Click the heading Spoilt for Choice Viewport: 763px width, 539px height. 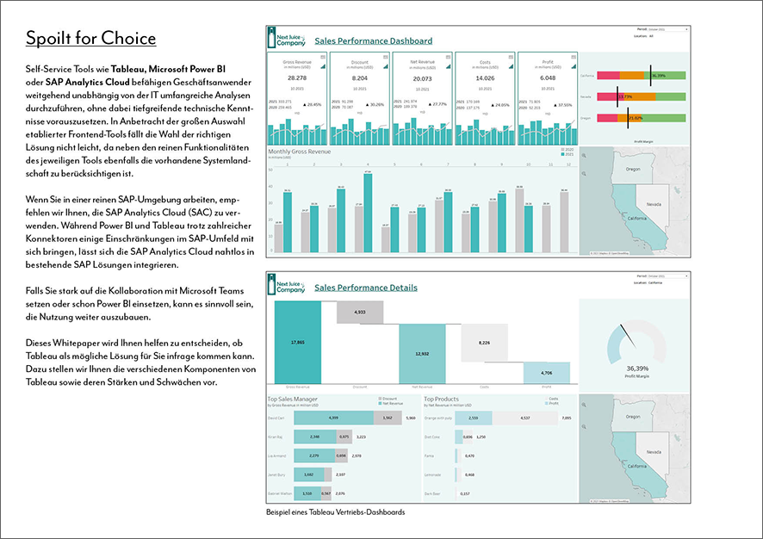click(90, 39)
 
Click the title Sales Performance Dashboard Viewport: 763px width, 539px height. click(374, 40)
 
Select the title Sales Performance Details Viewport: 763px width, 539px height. click(366, 288)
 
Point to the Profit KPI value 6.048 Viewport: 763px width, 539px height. click(547, 78)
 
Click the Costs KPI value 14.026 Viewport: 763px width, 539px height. click(484, 78)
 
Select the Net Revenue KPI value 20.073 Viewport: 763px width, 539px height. click(421, 78)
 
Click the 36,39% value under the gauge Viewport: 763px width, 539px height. click(638, 369)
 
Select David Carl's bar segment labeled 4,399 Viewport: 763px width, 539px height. click(334, 418)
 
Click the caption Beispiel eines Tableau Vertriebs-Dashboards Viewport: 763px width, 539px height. click(335, 512)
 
